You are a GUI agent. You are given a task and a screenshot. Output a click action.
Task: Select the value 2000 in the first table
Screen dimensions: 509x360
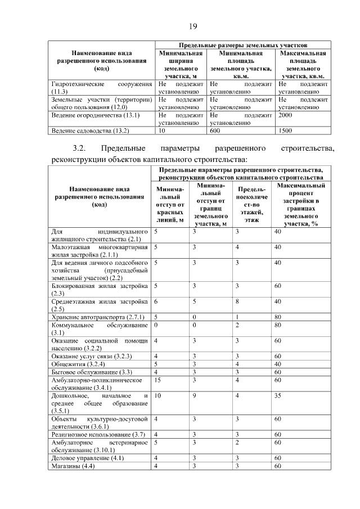pos(285,114)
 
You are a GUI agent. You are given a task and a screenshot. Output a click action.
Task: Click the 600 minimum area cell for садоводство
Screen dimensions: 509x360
pos(215,130)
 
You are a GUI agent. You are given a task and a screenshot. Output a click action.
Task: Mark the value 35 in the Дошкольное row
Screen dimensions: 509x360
pos(277,396)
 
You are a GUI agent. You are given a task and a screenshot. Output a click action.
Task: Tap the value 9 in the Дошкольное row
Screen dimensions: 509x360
pos(195,396)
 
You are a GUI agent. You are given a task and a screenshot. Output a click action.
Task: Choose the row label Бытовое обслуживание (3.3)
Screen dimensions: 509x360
pos(83,371)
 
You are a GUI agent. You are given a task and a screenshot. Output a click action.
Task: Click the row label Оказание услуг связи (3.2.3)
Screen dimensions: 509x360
pos(88,356)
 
